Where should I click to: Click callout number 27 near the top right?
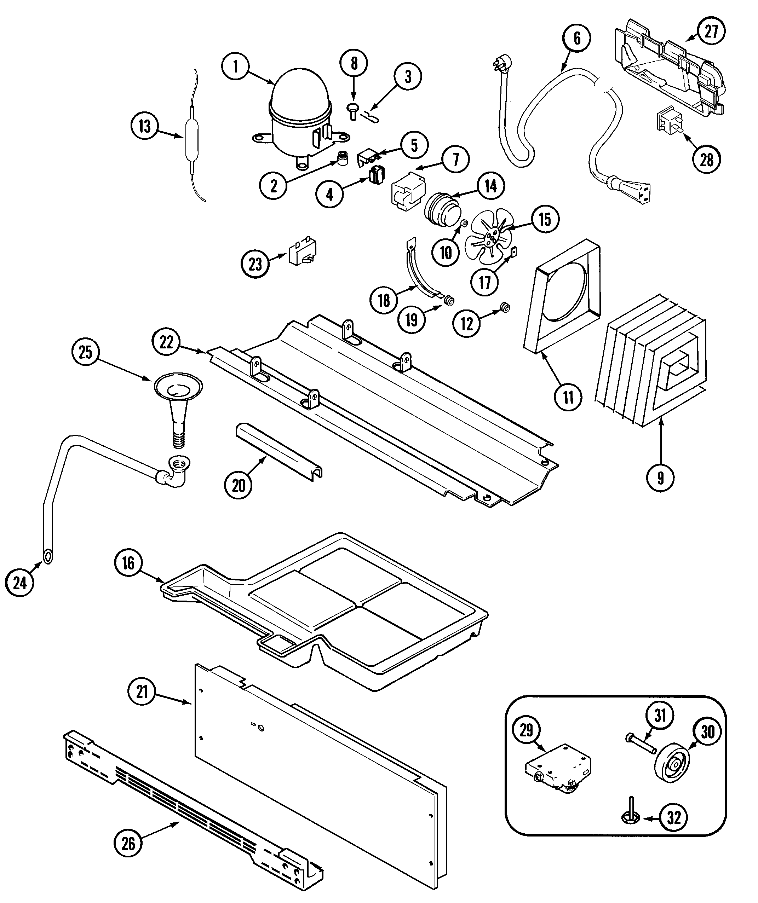click(x=711, y=31)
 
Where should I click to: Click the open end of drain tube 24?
click(x=48, y=556)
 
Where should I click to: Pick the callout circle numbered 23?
click(x=255, y=264)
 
